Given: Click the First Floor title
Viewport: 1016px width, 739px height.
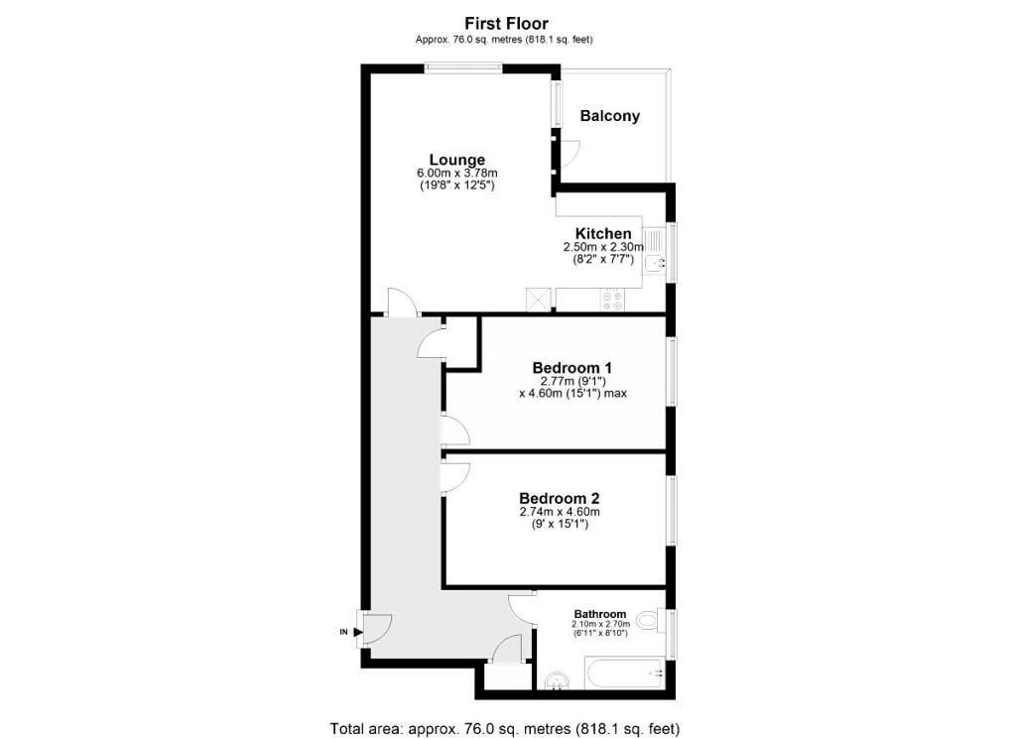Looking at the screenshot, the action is point(506,24).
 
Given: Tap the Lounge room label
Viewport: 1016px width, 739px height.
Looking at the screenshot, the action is point(456,160).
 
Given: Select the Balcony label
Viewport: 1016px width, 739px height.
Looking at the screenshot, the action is point(610,116).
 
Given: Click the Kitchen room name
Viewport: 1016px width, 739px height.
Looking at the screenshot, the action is point(603,233).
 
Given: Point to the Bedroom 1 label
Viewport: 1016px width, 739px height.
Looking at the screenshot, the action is point(572,367).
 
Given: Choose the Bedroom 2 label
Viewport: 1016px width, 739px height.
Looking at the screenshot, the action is point(560,498).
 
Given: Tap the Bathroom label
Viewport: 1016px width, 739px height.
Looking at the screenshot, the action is point(600,614).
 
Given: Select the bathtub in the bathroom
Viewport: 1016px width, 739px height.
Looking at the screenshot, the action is point(624,675).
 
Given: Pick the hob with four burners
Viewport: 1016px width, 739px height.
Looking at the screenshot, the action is point(611,301).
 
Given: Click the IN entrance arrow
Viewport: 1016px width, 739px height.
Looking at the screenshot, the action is point(358,632).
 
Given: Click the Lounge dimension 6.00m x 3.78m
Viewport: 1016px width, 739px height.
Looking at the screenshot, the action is point(457,174).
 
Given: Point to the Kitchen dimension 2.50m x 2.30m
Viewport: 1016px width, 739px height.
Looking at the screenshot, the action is point(603,247).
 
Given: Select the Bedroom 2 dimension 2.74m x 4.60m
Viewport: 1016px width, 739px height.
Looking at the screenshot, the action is point(560,512).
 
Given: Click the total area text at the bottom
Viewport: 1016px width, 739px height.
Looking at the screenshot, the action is point(505,729).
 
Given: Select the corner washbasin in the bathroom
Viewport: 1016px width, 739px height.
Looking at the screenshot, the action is point(556,681).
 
